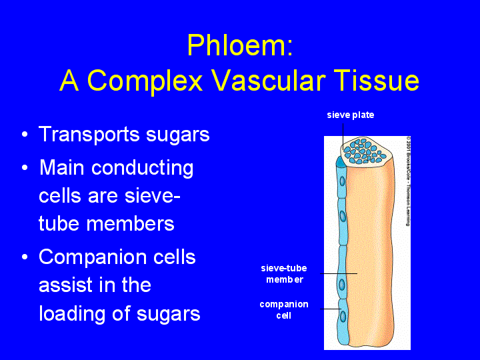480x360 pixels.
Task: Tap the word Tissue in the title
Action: tap(376, 80)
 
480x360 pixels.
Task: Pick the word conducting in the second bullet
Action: tap(143, 169)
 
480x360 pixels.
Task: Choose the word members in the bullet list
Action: tap(131, 223)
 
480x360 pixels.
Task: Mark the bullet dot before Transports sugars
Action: tap(25, 135)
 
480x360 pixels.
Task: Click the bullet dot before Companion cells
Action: tap(25, 257)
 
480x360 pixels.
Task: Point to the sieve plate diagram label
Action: tap(351, 115)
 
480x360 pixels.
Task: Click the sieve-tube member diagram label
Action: tap(284, 274)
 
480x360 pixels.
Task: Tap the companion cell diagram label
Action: tap(284, 310)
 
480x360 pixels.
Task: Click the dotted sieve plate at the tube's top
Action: tap(365, 151)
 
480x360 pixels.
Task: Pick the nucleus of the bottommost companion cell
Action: tap(343, 316)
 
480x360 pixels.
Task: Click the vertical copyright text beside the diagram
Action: tap(408, 181)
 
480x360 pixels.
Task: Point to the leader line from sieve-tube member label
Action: tap(339, 274)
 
